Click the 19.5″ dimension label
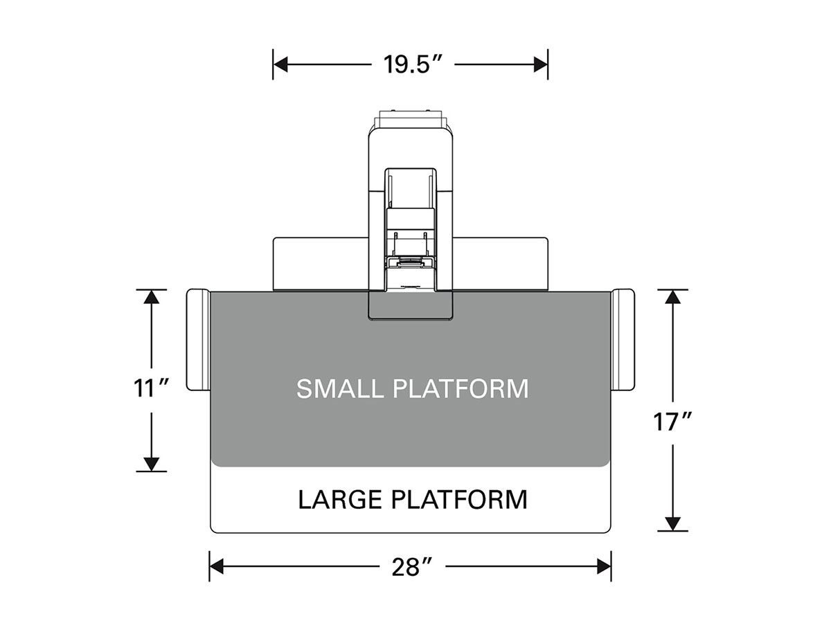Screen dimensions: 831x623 [412, 64]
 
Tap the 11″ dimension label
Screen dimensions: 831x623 [151, 388]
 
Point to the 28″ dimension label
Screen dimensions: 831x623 [412, 568]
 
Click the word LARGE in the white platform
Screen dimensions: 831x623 [340, 500]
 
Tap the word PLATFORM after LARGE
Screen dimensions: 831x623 [459, 500]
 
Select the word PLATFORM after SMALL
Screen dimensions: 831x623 [461, 388]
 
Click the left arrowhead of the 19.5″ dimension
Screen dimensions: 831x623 [280, 64]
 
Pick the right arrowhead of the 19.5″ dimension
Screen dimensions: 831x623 [541, 64]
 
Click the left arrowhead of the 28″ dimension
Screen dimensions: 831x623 [217, 567]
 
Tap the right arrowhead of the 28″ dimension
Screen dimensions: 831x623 [604, 567]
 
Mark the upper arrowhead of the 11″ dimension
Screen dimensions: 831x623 [152, 296]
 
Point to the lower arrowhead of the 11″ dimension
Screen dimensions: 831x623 [152, 464]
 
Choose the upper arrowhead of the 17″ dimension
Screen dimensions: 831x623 [672, 296]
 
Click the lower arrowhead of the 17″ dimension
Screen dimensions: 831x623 [672, 523]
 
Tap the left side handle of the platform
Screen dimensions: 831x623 [198, 340]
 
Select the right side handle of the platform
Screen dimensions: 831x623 [623, 340]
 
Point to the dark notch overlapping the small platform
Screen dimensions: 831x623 [411, 306]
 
